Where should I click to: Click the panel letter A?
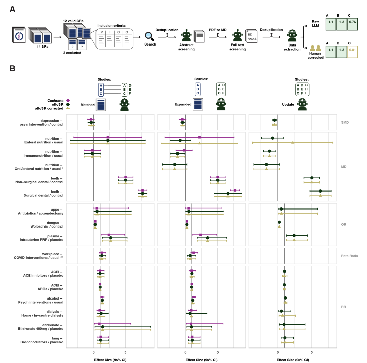(x=12, y=10)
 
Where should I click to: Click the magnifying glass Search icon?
(x=149, y=36)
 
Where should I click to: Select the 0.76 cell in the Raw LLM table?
(x=352, y=24)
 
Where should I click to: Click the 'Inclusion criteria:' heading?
(x=112, y=26)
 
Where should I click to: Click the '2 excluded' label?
(x=72, y=53)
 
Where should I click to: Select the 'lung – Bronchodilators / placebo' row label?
(x=42, y=340)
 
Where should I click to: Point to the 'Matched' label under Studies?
(x=88, y=105)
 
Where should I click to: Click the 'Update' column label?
(x=288, y=105)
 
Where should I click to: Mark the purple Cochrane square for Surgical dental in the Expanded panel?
(x=235, y=190)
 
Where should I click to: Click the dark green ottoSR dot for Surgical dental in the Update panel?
(x=320, y=191)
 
